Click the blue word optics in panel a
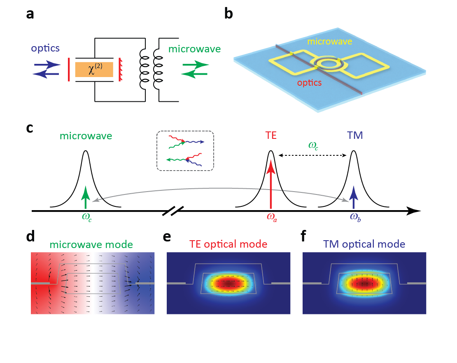click(x=46, y=48)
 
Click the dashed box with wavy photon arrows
click(x=185, y=151)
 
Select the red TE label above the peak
click(x=270, y=136)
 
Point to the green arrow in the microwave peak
click(x=85, y=198)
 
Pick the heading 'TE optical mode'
click(x=229, y=244)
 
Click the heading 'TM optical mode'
click(x=364, y=244)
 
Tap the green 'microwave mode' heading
click(x=91, y=244)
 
